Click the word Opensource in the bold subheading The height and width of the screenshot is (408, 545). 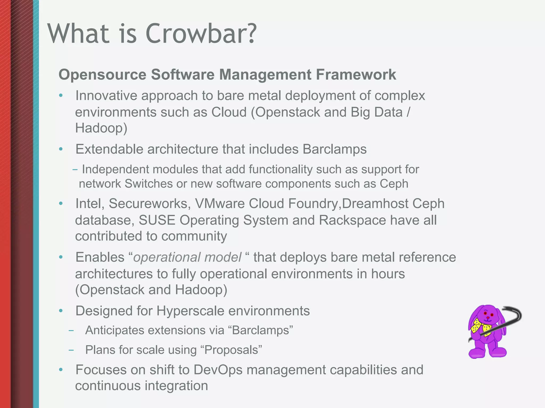click(x=102, y=75)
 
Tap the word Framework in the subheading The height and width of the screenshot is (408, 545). click(x=356, y=75)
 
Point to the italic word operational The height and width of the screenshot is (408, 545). click(x=163, y=257)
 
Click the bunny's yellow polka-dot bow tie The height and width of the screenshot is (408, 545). click(x=481, y=328)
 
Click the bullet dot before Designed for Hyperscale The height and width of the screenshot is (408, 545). click(x=61, y=311)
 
